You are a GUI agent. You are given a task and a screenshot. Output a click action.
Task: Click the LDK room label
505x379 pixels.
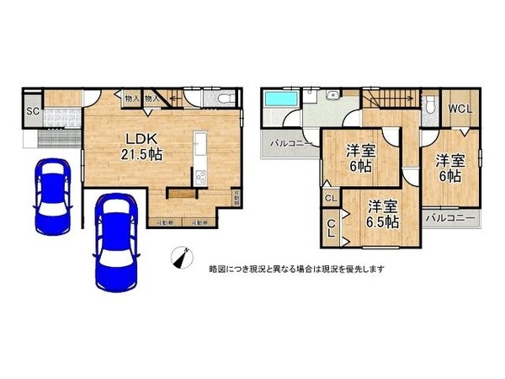tap(139, 138)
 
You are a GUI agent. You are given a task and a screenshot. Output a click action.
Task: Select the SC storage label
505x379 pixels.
tap(32, 110)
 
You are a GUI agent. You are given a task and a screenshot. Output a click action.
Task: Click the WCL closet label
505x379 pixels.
tap(460, 109)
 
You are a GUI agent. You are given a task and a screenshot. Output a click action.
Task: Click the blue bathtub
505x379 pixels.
tap(280, 99)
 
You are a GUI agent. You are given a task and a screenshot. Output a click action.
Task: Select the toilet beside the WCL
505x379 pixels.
tap(430, 104)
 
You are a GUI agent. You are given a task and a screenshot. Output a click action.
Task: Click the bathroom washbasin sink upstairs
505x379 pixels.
tap(333, 93)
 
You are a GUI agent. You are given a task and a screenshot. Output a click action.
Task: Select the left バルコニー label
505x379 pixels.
tap(291, 144)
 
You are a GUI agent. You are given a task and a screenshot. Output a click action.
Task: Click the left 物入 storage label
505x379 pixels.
tap(130, 99)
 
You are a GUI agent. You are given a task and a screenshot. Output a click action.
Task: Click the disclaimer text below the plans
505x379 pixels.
tap(296, 269)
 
